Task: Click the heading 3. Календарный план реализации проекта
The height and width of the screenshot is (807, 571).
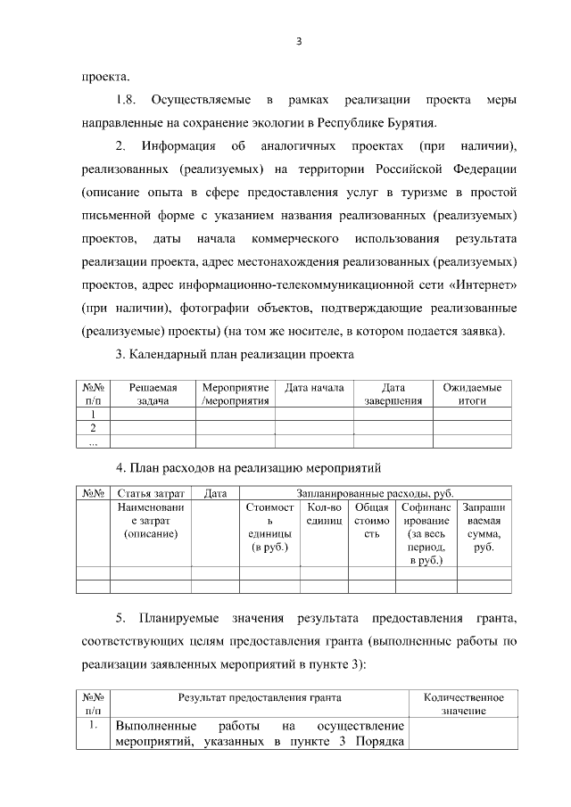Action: tap(236, 355)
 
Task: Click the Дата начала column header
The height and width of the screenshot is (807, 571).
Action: tap(314, 388)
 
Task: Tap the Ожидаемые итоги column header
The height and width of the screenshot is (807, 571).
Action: tap(472, 394)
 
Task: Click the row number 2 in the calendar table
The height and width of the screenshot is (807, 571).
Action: tap(93, 427)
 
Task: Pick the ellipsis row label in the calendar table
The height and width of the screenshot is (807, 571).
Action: tap(93, 441)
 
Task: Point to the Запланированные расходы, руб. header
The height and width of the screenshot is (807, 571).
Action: tap(376, 493)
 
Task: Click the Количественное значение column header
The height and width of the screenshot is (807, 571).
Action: tap(463, 704)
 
